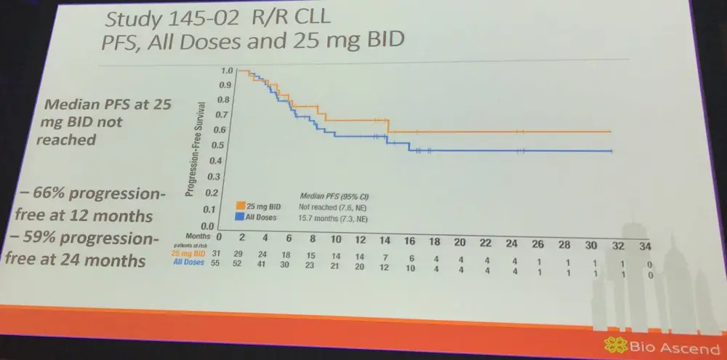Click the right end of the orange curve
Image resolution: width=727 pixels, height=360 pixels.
[x=610, y=132]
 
